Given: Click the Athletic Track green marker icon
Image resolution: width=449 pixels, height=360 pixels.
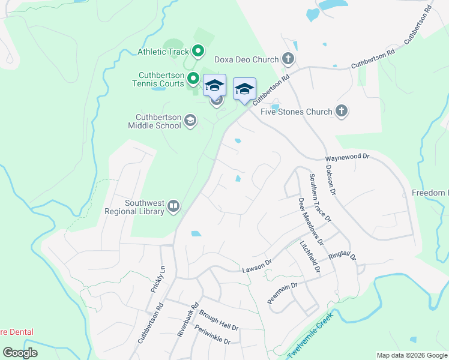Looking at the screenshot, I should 197,52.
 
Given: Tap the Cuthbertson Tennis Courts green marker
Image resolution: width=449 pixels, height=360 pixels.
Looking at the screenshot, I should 193,78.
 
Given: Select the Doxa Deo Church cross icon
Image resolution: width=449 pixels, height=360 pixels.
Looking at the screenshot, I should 288,59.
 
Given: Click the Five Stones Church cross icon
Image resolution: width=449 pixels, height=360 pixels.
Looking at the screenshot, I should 342,111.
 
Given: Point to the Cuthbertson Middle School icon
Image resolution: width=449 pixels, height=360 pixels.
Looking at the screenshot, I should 190,121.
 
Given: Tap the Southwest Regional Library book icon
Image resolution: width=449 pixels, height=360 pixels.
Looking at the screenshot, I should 173,206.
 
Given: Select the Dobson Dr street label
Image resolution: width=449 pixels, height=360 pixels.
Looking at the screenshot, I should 332,181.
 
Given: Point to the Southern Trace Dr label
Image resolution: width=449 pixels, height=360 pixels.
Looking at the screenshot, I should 320,199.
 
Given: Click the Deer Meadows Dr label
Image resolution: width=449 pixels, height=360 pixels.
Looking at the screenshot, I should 310,222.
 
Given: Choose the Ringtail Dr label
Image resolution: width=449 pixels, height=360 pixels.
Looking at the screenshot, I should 343,256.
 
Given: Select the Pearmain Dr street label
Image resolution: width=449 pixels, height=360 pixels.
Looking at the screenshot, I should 283,293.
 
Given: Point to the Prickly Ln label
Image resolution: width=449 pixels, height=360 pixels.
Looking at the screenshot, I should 158,279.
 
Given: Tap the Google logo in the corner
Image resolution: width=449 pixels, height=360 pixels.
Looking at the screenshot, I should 20,353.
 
